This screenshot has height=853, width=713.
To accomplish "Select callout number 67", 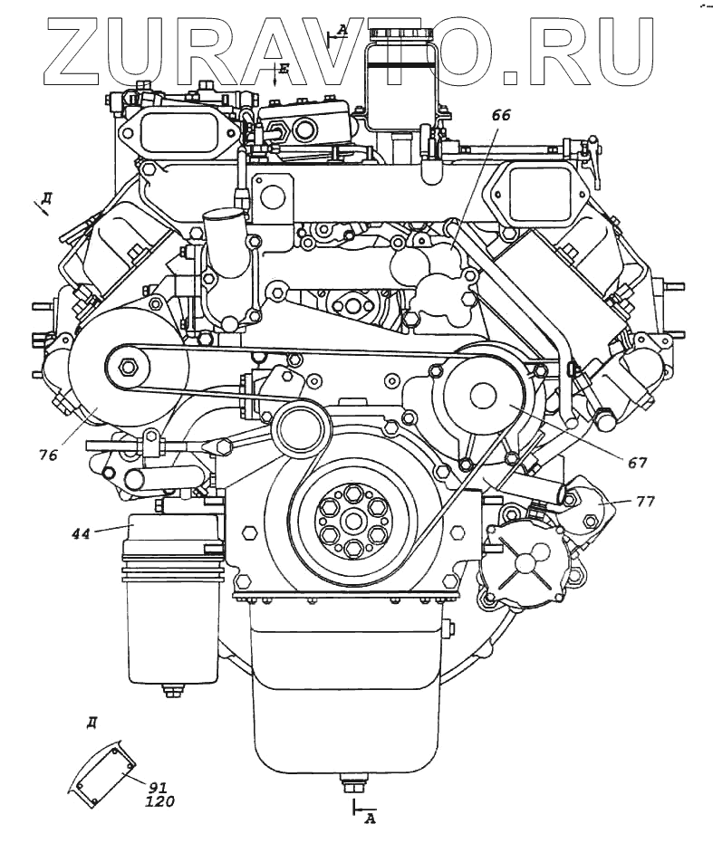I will [x=638, y=462].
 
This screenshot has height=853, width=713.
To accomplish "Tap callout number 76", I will [x=48, y=455].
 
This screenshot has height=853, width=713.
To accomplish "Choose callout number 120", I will [x=159, y=801].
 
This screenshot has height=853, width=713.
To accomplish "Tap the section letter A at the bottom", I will [x=369, y=819].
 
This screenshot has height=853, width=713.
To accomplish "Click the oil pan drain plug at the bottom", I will [x=346, y=781].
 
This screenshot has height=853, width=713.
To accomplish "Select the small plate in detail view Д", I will [x=100, y=771].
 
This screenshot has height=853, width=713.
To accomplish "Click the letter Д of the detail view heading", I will [x=92, y=722].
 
